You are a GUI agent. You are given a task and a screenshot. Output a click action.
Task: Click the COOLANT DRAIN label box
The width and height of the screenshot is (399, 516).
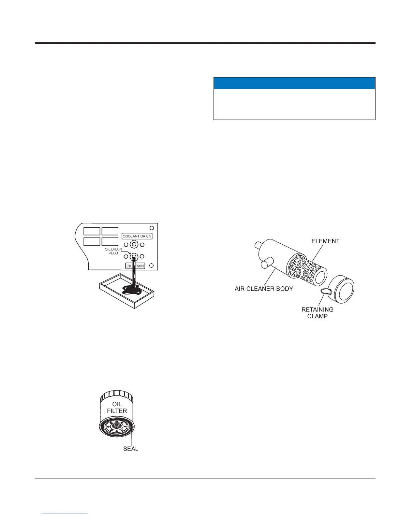137,236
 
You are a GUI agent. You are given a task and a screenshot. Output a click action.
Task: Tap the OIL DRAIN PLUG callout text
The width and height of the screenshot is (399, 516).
113,251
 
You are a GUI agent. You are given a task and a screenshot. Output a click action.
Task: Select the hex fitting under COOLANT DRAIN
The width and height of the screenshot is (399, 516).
134,244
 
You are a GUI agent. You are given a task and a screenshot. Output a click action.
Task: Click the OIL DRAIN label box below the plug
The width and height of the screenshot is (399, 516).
135,266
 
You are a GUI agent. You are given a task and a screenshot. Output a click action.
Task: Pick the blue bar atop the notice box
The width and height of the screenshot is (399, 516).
294,83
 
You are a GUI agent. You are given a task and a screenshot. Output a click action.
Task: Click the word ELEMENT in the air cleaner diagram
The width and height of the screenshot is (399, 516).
325,241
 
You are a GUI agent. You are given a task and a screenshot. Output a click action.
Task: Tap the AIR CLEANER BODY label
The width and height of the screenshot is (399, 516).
264,289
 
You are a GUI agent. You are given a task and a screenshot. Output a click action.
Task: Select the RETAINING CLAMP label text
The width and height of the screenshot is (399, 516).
318,313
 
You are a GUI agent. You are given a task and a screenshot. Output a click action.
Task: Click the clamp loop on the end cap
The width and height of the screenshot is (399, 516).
325,291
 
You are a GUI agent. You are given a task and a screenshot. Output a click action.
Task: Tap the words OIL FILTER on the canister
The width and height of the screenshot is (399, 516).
117,408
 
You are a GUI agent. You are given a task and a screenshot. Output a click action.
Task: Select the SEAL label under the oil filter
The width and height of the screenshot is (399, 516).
131,449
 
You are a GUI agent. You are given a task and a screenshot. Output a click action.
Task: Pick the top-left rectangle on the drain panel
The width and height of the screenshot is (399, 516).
92,231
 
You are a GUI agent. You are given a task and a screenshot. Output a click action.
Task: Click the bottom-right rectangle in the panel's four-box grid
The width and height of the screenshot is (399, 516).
110,241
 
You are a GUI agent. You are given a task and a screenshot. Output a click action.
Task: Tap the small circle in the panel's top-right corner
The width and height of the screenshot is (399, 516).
152,228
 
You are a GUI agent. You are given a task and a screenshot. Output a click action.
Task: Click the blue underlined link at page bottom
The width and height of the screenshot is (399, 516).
65,513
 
